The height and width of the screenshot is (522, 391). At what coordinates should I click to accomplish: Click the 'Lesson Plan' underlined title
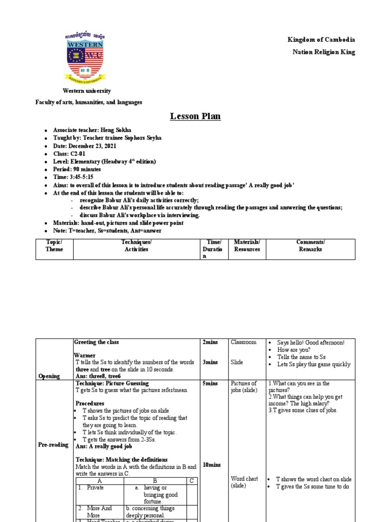[195, 117]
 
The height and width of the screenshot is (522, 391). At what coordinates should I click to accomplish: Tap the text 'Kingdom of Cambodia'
[321, 40]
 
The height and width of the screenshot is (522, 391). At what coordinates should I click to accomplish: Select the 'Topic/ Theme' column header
[54, 246]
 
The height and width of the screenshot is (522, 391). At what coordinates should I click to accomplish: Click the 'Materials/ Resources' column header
[247, 246]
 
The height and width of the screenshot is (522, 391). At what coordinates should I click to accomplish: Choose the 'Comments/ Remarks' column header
[311, 246]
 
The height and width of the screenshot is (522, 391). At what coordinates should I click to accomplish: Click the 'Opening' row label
[49, 376]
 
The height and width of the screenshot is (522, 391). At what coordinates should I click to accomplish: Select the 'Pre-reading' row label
[53, 445]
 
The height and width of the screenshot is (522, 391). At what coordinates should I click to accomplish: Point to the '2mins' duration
[210, 343]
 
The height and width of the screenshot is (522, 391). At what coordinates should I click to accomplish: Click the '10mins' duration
[211, 465]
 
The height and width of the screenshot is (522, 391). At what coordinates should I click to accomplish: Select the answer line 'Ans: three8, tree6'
[97, 376]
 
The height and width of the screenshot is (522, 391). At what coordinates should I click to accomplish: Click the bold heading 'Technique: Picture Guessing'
[112, 383]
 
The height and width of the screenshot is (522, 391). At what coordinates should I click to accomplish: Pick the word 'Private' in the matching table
[95, 487]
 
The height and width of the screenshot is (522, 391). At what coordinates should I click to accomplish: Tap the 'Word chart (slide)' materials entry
[244, 483]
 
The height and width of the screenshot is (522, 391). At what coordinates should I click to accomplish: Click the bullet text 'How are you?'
[294, 350]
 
